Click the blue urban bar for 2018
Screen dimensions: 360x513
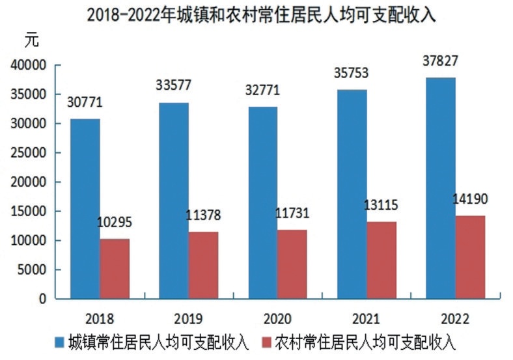85,208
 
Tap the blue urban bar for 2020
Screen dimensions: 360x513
262,202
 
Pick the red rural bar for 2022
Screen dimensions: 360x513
470,257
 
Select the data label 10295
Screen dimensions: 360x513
114,223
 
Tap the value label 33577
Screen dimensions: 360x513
173,86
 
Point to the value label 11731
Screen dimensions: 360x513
292,214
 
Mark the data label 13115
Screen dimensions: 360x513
381,206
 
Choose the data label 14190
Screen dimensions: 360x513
470,199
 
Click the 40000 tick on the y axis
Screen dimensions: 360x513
28,65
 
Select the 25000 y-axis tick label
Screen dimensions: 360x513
28,153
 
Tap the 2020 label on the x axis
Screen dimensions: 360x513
277,318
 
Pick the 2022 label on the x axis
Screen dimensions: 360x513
455,318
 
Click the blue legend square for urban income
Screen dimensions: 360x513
59,342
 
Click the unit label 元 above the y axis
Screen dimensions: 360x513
32,40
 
